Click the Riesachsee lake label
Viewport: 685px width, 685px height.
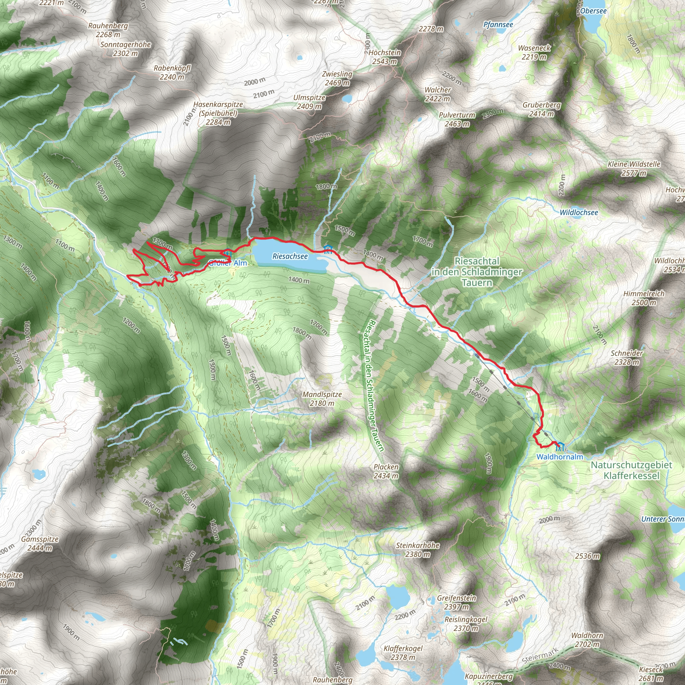(290, 256)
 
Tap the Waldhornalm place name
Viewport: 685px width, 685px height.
(560, 457)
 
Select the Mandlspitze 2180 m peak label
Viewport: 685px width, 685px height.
(322, 398)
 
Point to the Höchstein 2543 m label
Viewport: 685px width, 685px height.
(385, 57)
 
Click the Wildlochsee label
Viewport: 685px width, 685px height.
(579, 212)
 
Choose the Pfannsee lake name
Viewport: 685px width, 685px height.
(498, 24)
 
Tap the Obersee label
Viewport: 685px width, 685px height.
(593, 11)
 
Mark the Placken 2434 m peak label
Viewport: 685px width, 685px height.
(386, 471)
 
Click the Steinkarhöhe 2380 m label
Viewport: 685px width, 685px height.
(418, 549)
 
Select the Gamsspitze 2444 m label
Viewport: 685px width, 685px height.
(40, 544)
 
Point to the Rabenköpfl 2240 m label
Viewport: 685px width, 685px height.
(172, 72)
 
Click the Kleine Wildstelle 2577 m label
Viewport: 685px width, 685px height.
(634, 169)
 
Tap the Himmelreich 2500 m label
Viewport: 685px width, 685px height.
(644, 298)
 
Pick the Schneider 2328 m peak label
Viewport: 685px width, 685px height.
(627, 358)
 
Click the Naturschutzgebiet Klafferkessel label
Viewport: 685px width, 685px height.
(631, 470)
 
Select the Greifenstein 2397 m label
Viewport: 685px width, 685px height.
(456, 602)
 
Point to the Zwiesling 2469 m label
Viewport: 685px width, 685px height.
(337, 78)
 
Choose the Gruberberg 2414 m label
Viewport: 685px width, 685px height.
(542, 109)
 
